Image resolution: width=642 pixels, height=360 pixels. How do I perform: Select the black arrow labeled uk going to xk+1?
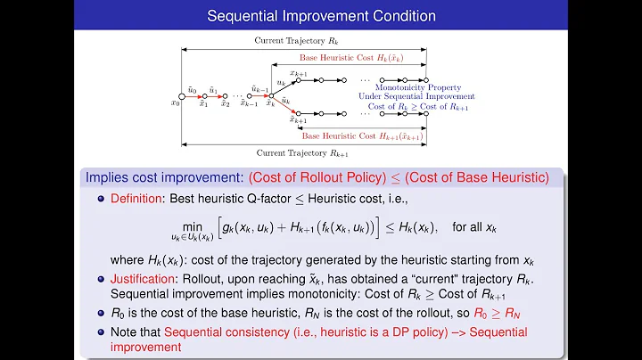pyautogui.click(x=284, y=87)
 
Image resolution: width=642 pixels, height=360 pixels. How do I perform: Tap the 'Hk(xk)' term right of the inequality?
pyautogui.click(x=417, y=227)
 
